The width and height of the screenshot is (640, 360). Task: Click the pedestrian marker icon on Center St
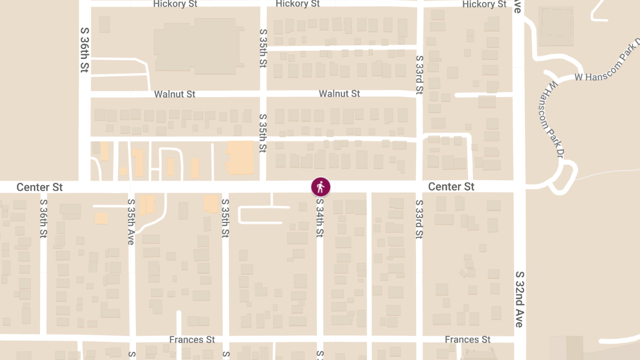click(321, 187)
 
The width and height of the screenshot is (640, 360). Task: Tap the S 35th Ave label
click(131, 222)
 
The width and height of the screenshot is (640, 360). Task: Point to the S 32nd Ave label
click(520, 299)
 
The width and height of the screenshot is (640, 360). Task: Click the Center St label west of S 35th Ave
click(39, 187)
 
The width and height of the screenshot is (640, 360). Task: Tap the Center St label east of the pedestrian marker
click(451, 187)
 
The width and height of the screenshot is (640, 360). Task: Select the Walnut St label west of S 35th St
click(174, 94)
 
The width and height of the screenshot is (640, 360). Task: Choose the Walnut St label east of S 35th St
click(339, 94)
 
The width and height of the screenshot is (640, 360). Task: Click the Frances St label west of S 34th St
click(192, 340)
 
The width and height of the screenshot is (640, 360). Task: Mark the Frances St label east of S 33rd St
click(468, 340)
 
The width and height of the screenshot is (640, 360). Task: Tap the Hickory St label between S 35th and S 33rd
click(298, 4)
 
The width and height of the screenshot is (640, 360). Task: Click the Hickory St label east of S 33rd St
click(484, 4)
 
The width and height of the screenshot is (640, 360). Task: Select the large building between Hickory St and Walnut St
click(195, 45)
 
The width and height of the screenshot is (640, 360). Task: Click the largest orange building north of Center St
click(241, 157)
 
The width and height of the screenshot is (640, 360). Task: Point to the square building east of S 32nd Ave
click(556, 22)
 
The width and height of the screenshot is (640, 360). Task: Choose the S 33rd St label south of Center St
click(419, 219)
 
